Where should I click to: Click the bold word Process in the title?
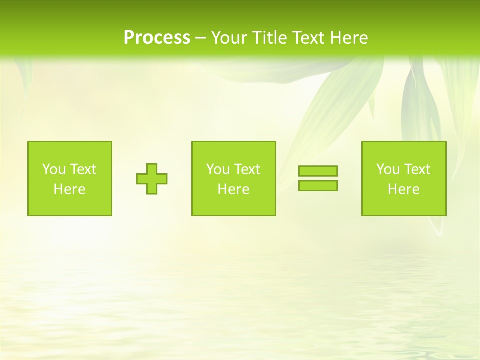pyautogui.click(x=157, y=38)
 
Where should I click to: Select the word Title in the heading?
pyautogui.click(x=269, y=38)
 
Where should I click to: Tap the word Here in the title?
pyautogui.click(x=349, y=38)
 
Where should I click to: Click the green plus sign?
pyautogui.click(x=152, y=179)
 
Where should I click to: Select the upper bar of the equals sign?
pyautogui.click(x=318, y=171)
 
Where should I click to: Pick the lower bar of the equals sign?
pyautogui.click(x=318, y=185)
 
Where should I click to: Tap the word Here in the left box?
pyautogui.click(x=69, y=189)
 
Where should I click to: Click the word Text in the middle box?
pyautogui.click(x=247, y=169)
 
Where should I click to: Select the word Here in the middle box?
pyautogui.click(x=233, y=189)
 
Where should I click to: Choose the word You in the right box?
pyautogui.click(x=388, y=169)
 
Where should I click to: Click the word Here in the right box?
pyautogui.click(x=403, y=189)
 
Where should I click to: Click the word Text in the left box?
pyautogui.click(x=83, y=169)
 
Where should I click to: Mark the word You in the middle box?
pyautogui.click(x=218, y=169)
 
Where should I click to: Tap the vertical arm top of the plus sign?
pyautogui.click(x=152, y=167)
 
